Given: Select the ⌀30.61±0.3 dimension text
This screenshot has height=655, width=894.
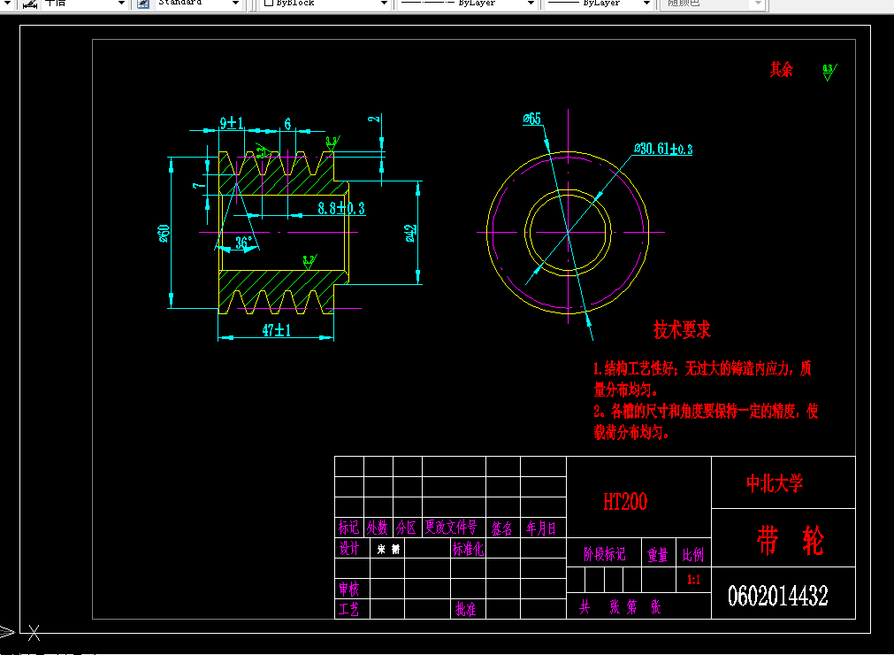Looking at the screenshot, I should pyautogui.click(x=663, y=149).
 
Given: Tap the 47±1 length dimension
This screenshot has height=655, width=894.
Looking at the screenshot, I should pyautogui.click(x=277, y=330).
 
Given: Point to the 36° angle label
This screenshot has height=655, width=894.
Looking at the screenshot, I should pyautogui.click(x=245, y=242).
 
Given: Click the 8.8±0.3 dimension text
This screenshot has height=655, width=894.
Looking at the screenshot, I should pyautogui.click(x=341, y=208).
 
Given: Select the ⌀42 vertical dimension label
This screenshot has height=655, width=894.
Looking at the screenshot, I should pyautogui.click(x=409, y=233).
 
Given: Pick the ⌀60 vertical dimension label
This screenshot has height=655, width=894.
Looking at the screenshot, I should pyautogui.click(x=164, y=233).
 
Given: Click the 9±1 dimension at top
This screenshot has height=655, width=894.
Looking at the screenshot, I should pyautogui.click(x=232, y=124).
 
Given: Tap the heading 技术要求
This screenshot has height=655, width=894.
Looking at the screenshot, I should pyautogui.click(x=682, y=330).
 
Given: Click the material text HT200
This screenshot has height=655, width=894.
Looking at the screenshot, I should pyautogui.click(x=625, y=502).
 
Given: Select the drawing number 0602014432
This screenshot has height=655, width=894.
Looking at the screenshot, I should pyautogui.click(x=778, y=596).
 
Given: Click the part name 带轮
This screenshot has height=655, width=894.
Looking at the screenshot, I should pyautogui.click(x=789, y=540).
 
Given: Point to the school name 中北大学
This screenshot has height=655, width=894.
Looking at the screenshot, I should pyautogui.click(x=775, y=483).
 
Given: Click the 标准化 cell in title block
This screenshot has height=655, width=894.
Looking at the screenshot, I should pyautogui.click(x=468, y=549).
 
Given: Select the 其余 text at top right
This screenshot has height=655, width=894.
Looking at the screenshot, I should pyautogui.click(x=782, y=69).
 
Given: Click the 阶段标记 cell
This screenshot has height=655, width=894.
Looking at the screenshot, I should pyautogui.click(x=605, y=555).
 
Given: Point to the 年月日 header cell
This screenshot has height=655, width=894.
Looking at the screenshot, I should pyautogui.click(x=541, y=528).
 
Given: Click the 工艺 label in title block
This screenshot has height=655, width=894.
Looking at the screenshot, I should pyautogui.click(x=349, y=609).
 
